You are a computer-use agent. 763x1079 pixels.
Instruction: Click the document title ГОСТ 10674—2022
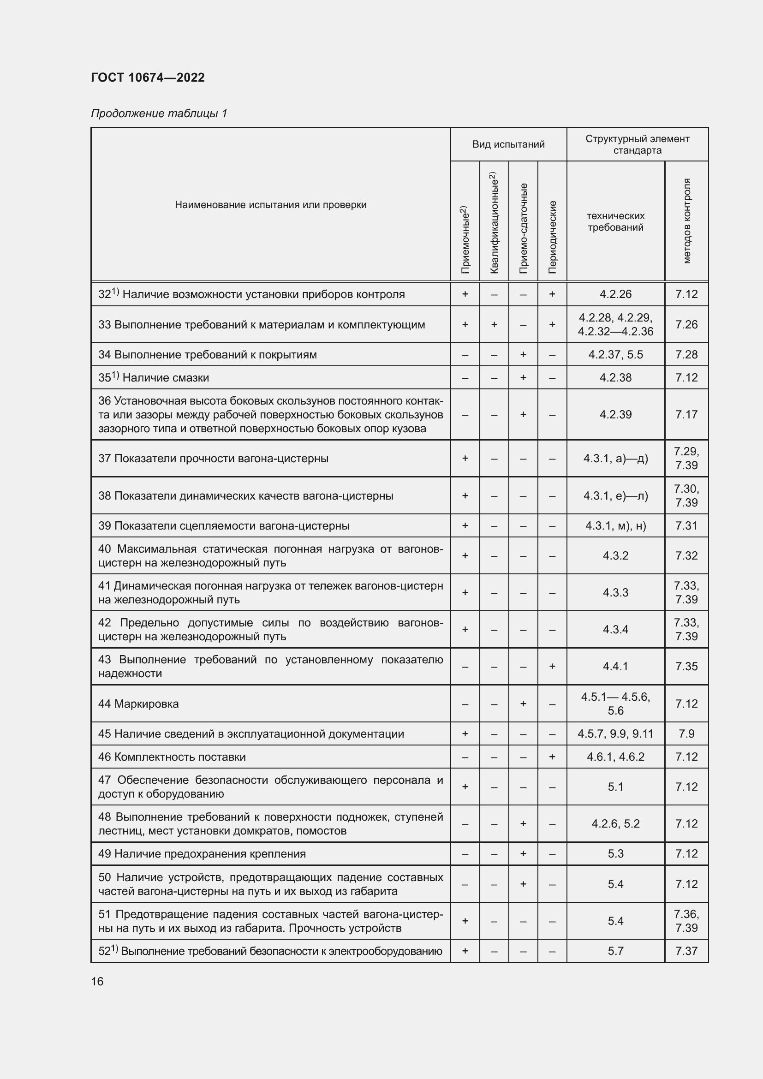(148, 77)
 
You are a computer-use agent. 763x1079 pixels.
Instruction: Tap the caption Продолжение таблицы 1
(159, 113)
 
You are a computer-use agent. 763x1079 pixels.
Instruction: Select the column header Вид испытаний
(508, 144)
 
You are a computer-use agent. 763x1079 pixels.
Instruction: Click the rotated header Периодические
(553, 237)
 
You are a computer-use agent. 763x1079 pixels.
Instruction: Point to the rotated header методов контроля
(686, 221)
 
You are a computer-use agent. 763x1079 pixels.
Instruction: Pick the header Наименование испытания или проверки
(271, 205)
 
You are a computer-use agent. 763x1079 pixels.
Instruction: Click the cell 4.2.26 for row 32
(615, 294)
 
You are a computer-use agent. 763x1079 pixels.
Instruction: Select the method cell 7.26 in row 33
(686, 325)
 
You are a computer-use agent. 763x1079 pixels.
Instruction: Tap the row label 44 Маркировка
(138, 704)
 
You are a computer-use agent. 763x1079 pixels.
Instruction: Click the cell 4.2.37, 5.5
(615, 355)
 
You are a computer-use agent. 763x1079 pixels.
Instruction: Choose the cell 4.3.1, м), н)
(615, 526)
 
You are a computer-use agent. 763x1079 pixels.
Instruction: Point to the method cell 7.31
(686, 526)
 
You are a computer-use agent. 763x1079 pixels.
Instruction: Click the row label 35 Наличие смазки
(153, 378)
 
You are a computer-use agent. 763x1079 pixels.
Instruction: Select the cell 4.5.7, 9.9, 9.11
(615, 734)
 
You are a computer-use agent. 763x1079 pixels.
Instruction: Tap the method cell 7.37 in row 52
(686, 951)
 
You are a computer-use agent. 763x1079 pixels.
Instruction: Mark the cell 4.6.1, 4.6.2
(615, 757)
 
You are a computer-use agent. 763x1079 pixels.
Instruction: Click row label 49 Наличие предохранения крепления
(202, 854)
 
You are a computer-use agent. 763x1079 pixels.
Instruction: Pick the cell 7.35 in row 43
(686, 667)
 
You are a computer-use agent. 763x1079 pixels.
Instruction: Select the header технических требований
(615, 222)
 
